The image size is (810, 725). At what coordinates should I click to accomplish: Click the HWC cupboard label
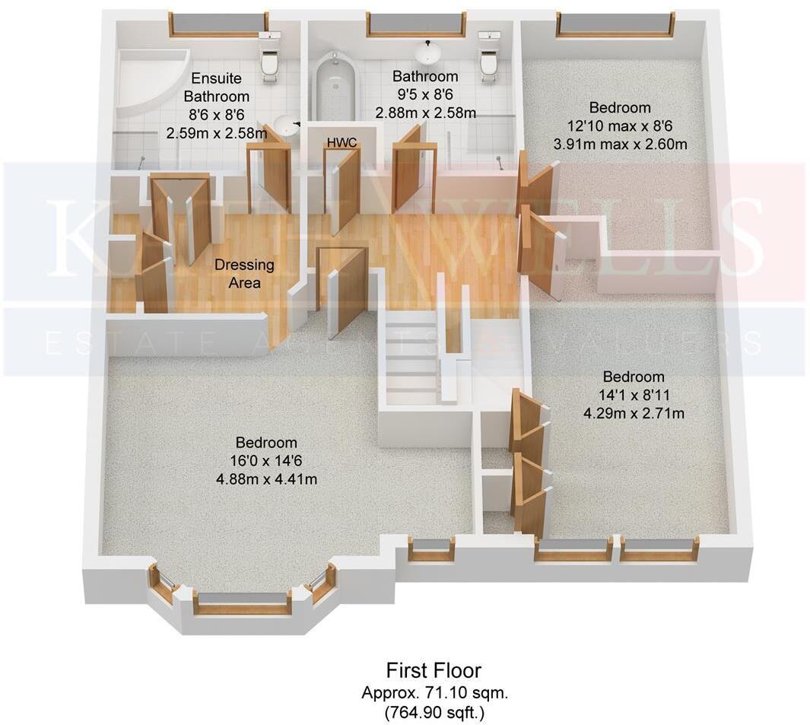[x=341, y=143]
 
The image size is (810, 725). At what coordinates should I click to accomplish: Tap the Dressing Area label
[x=243, y=274]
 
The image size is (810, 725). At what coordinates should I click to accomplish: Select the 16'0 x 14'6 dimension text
[x=265, y=460]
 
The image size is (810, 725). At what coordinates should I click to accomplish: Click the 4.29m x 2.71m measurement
[x=633, y=414]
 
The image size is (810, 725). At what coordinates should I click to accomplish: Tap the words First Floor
[x=434, y=670]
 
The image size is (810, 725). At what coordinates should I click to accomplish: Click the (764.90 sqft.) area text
[x=434, y=713]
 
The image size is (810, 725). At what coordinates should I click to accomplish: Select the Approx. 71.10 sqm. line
[x=434, y=693]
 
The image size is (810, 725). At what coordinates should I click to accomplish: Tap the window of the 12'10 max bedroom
[x=615, y=24]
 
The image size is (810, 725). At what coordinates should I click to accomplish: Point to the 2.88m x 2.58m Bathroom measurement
[x=425, y=113]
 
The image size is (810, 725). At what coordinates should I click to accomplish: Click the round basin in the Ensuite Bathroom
[x=286, y=123]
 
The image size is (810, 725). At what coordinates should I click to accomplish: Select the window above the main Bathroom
[x=415, y=24]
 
